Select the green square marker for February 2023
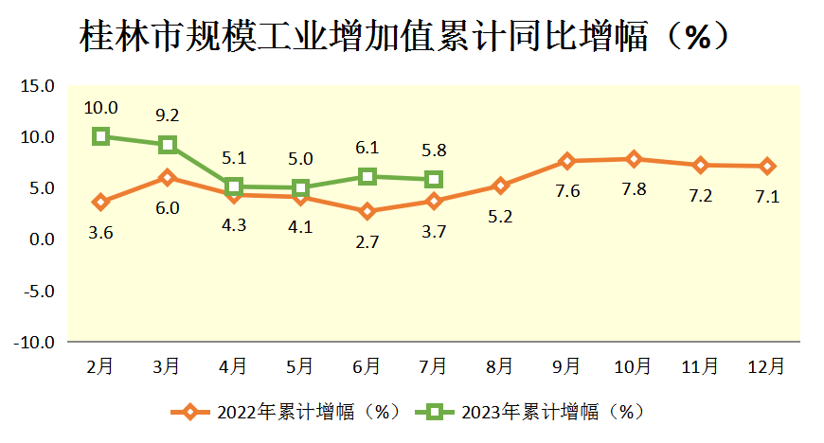[x=100, y=136]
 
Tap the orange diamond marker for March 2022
[x=168, y=177]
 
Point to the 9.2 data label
[x=168, y=115]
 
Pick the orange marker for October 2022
[x=634, y=159]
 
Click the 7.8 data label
[x=634, y=188]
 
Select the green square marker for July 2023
[x=434, y=179]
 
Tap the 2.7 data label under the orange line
[x=367, y=241]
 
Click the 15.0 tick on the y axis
[x=38, y=86]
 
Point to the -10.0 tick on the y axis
[x=34, y=342]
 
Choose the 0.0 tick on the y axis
[x=42, y=239]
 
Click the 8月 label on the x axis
[x=500, y=365]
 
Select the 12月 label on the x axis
[x=766, y=365]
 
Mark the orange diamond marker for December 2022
[x=767, y=167]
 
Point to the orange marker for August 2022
[x=500, y=186]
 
